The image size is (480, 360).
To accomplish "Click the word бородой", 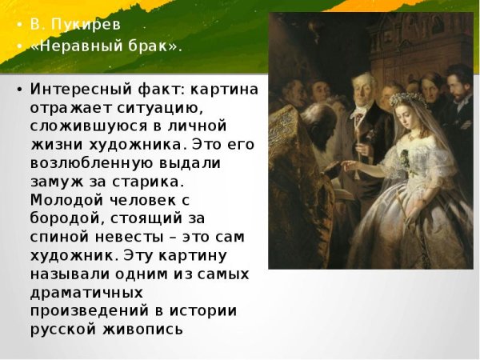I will click(x=65, y=216).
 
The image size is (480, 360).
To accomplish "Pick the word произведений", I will click(x=83, y=310).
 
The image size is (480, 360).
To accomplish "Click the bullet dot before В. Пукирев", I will click(x=18, y=24).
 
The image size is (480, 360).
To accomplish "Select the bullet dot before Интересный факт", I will click(x=18, y=89).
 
